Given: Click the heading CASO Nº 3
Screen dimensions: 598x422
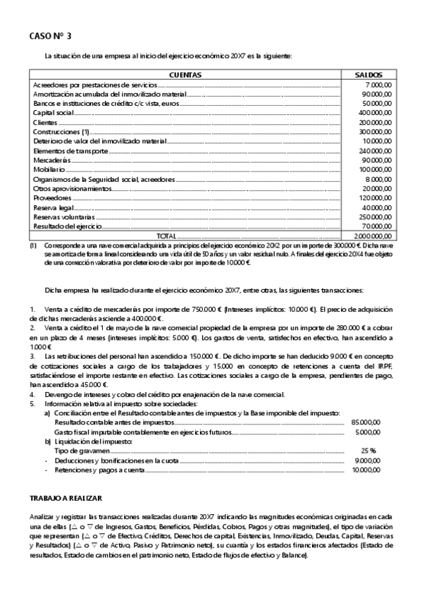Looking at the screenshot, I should pyautogui.click(x=50, y=35).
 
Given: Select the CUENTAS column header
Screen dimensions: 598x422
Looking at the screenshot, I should pyautogui.click(x=186, y=74).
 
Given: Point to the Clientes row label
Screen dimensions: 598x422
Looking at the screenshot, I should pyautogui.click(x=44, y=123).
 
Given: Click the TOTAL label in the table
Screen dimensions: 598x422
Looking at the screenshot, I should pyautogui.click(x=167, y=236).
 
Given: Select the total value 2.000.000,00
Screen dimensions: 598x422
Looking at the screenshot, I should pyautogui.click(x=373, y=236).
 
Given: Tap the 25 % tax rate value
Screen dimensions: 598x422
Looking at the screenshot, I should pyautogui.click(x=368, y=449).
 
